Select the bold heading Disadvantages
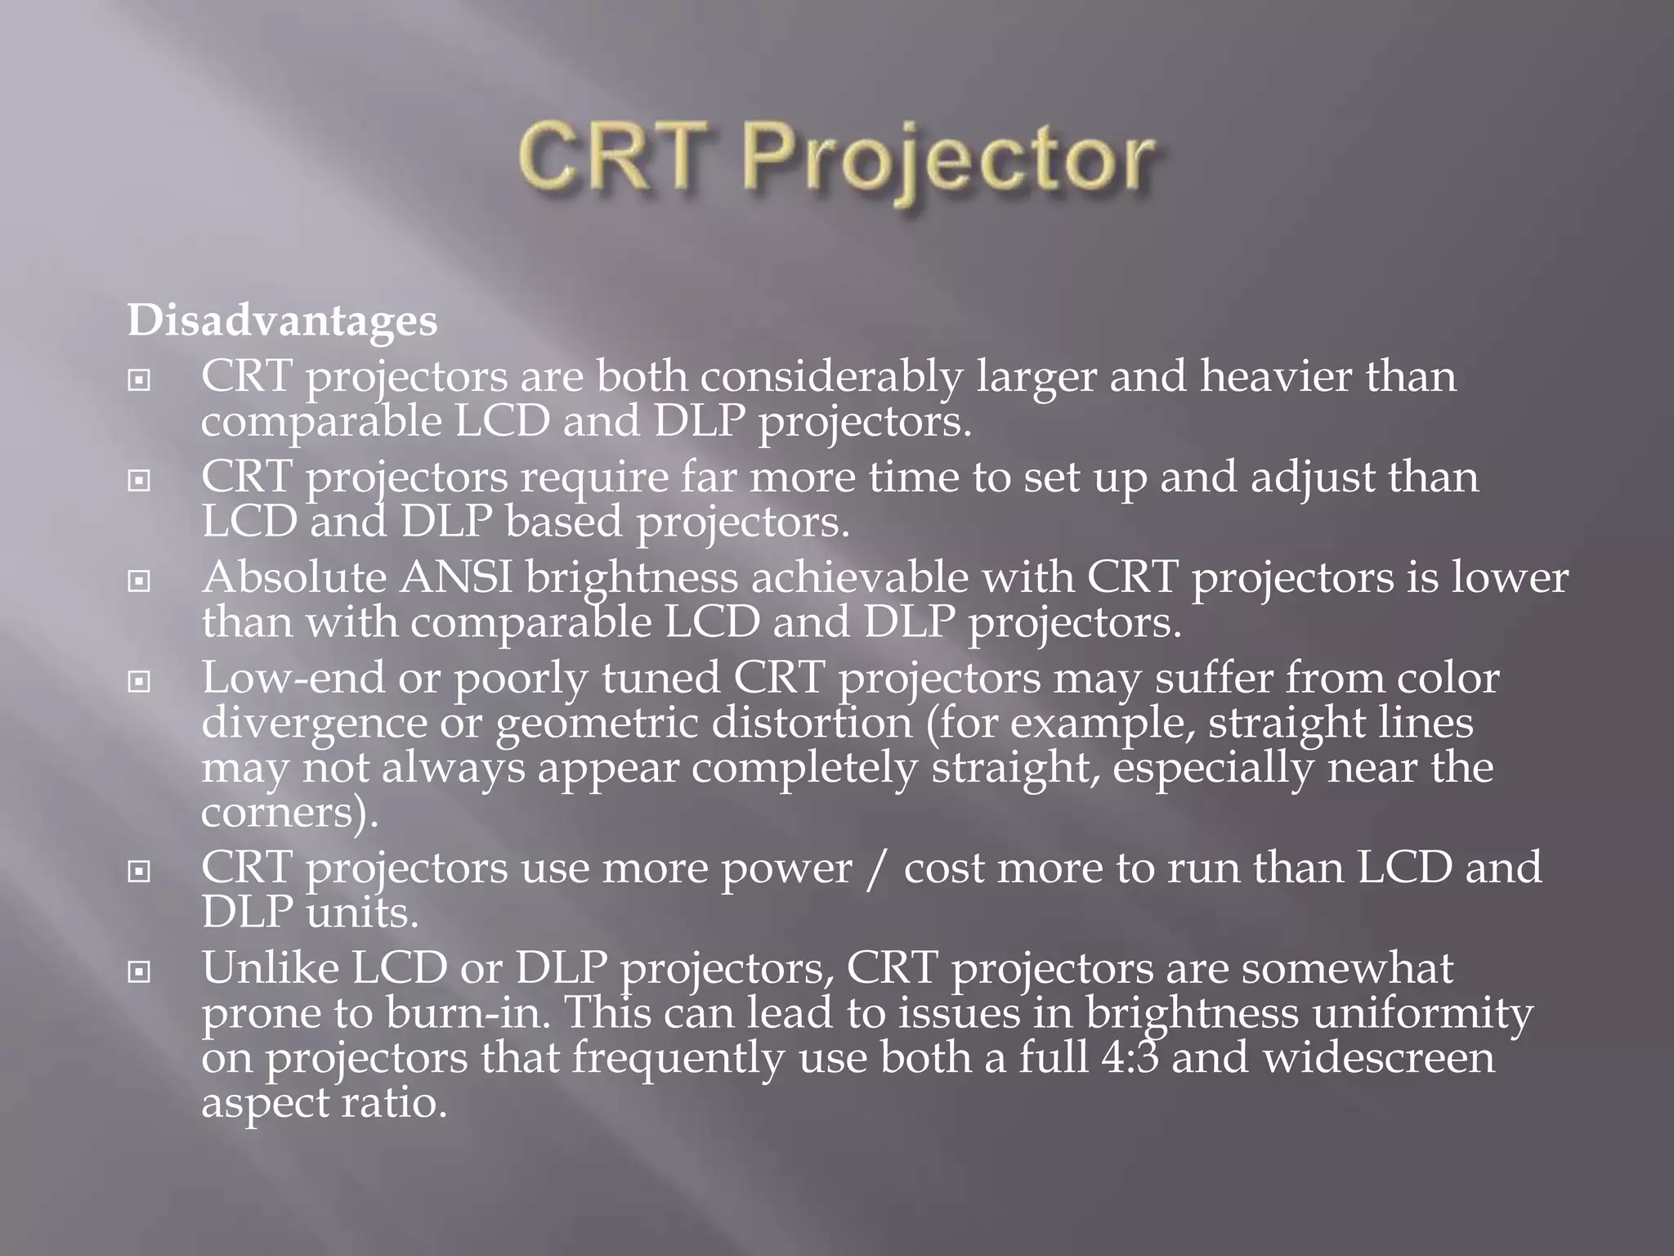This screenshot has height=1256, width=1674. click(283, 320)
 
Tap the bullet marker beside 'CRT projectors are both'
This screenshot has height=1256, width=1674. click(140, 380)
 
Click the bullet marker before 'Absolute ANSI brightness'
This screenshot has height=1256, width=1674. click(140, 581)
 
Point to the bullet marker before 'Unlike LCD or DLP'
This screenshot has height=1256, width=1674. click(140, 972)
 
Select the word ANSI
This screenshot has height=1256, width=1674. click(455, 578)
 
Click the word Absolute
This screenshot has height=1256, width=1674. click(294, 578)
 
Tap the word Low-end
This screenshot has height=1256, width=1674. click(293, 678)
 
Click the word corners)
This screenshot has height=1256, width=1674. click(290, 813)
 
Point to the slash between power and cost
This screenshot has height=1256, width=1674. click(877, 868)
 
